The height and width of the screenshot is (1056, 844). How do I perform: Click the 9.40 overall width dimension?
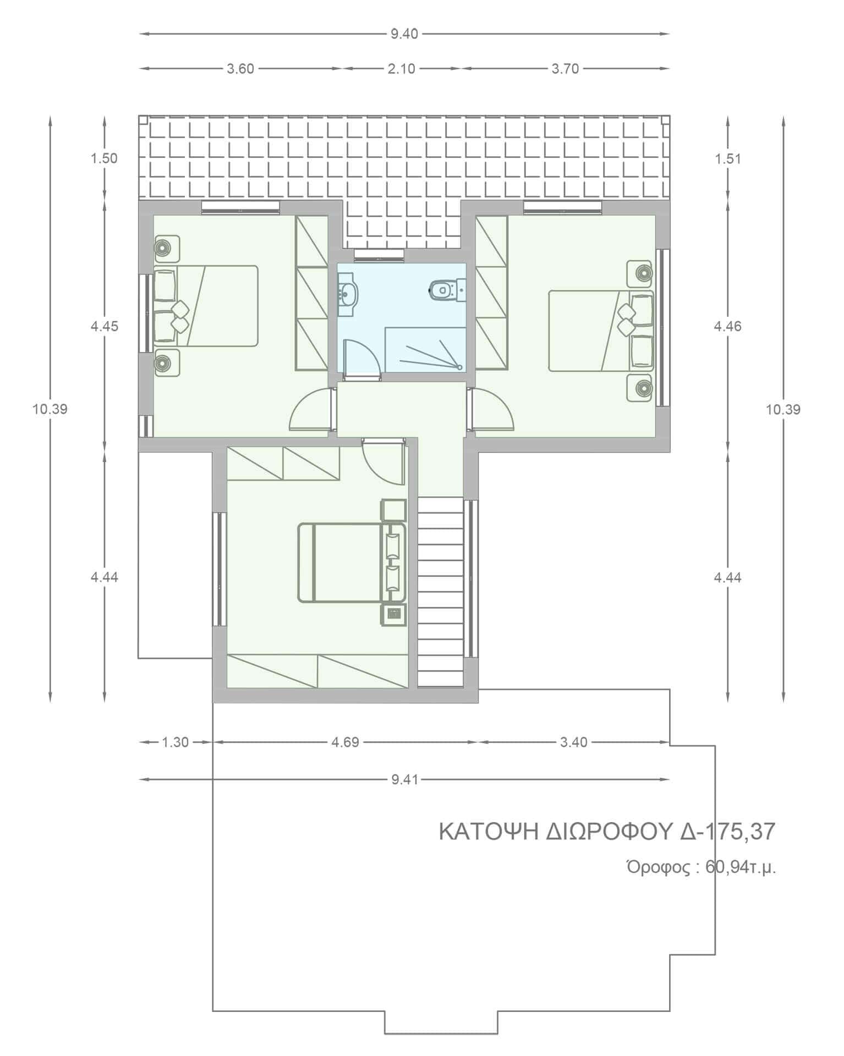click(x=404, y=34)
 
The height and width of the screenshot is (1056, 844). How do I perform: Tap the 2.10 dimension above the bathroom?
click(x=402, y=69)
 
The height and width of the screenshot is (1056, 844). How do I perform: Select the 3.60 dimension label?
click(x=240, y=69)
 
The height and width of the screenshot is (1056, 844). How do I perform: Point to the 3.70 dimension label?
click(x=565, y=69)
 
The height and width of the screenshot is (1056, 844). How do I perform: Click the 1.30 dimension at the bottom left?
click(x=175, y=743)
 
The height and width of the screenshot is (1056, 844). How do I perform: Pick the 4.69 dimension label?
click(x=345, y=743)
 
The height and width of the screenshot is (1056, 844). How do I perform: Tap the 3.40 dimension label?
click(x=574, y=743)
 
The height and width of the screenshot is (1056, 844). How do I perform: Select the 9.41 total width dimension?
click(x=404, y=780)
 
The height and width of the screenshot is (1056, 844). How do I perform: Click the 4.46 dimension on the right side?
click(x=727, y=327)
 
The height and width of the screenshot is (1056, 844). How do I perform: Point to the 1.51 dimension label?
click(x=727, y=159)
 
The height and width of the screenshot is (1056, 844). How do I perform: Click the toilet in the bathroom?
click(x=446, y=289)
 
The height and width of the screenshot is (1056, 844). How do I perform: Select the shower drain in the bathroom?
click(x=459, y=366)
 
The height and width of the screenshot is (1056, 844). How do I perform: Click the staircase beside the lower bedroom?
click(x=441, y=592)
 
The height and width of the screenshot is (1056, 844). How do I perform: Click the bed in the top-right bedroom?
click(x=601, y=331)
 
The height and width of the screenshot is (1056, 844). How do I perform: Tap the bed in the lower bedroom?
click(x=352, y=563)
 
